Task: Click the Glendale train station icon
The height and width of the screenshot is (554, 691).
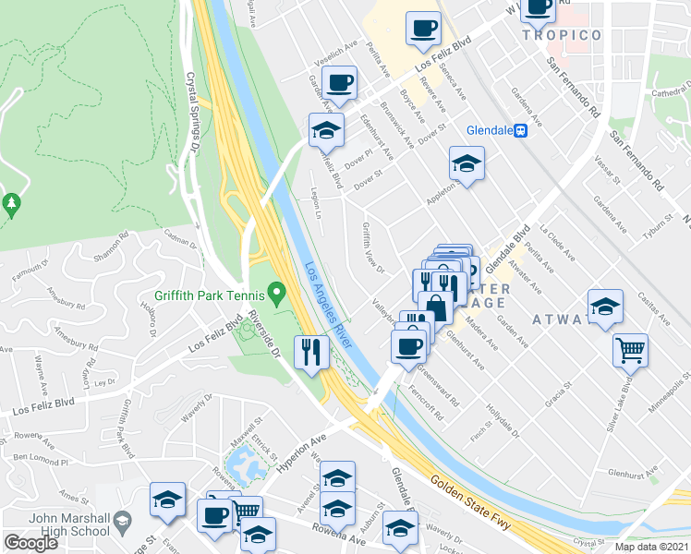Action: click(x=521, y=130)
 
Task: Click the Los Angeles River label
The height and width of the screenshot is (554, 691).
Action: click(x=331, y=308)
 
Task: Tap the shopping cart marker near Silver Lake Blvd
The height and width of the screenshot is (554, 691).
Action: click(x=631, y=350)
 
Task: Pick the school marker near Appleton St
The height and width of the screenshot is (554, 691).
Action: click(x=467, y=164)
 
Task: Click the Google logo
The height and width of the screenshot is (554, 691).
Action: click(x=31, y=543)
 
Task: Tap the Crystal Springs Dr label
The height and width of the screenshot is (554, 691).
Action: click(x=193, y=111)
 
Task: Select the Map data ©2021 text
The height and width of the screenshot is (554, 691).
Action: click(x=651, y=547)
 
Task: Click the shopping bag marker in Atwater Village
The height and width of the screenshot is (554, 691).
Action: click(x=435, y=307)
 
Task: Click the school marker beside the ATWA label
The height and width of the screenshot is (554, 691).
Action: click(x=605, y=307)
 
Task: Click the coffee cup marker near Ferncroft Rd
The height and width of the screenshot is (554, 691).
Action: click(x=407, y=346)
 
